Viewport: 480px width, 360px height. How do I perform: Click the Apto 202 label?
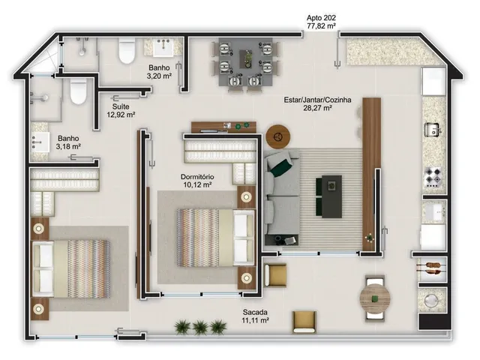tap(321, 18)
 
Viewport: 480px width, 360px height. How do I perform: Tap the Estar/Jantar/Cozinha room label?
tap(317, 100)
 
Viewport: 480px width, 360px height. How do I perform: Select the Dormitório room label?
tap(197, 177)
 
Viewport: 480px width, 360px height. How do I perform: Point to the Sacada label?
tap(255, 312)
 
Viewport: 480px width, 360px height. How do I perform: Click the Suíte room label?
tap(121, 106)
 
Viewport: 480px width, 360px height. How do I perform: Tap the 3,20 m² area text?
tap(159, 76)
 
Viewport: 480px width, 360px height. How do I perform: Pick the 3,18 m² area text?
tap(68, 146)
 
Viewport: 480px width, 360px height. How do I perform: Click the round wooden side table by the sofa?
tap(278, 136)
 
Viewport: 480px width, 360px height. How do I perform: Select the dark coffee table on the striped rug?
tap(329, 196)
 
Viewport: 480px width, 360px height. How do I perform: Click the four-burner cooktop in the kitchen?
tap(433, 178)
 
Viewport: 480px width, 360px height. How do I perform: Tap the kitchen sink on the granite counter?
tap(432, 130)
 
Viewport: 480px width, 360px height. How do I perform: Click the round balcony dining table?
tap(375, 298)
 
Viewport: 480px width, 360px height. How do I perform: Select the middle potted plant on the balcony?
tap(200, 327)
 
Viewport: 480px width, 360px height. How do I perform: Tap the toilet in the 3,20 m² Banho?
tap(127, 50)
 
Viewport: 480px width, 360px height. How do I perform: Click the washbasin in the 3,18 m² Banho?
tap(40, 142)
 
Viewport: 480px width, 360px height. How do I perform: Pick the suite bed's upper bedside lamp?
tap(39, 228)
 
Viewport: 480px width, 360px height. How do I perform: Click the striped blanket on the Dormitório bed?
tap(198, 238)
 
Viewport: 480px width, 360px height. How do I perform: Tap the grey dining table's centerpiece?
tap(247, 59)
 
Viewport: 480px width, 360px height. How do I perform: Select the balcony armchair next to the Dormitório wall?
tap(275, 274)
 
